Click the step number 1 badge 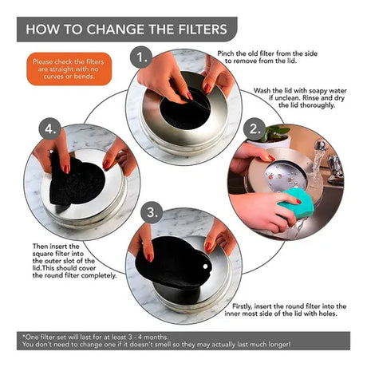(141, 57)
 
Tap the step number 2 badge (255, 129)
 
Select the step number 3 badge (152, 212)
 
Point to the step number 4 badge (50, 129)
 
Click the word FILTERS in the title (203, 30)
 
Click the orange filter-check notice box (69, 69)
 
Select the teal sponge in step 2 (296, 203)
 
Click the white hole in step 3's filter (205, 266)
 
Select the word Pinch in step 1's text (226, 53)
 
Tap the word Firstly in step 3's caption (242, 306)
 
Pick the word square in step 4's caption (43, 254)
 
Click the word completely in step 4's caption (99, 276)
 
